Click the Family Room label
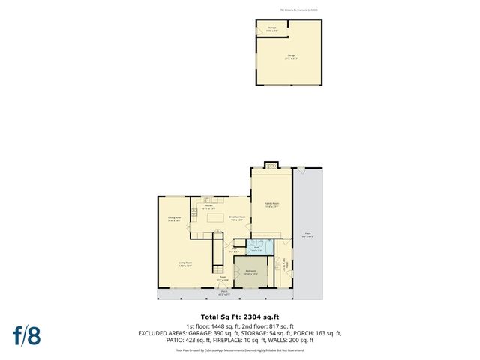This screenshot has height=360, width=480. pos(271,205)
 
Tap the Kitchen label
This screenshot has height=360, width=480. pos(199,206)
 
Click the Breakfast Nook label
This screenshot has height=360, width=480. pos(237,218)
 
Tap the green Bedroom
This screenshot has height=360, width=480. pos(250,272)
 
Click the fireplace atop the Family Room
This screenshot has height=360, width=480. pos(271,165)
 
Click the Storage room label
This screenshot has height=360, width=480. pos(271,29)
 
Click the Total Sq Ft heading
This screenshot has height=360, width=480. pos(239,316)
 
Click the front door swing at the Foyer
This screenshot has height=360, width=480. pos(223,284)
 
